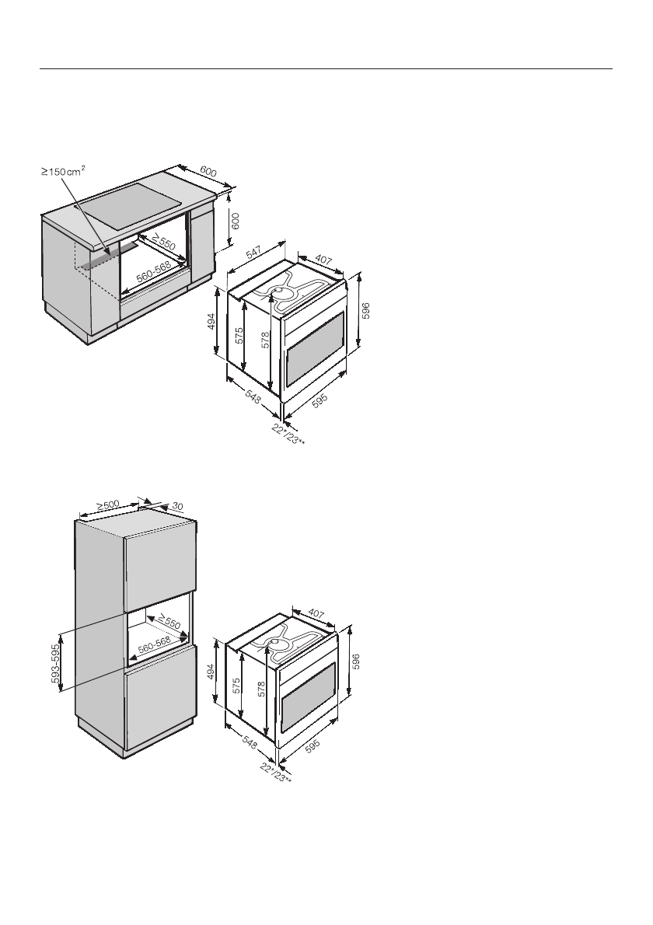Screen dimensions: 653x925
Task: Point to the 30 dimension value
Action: [x=176, y=506]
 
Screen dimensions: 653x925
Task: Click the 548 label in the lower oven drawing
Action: [x=249, y=743]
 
